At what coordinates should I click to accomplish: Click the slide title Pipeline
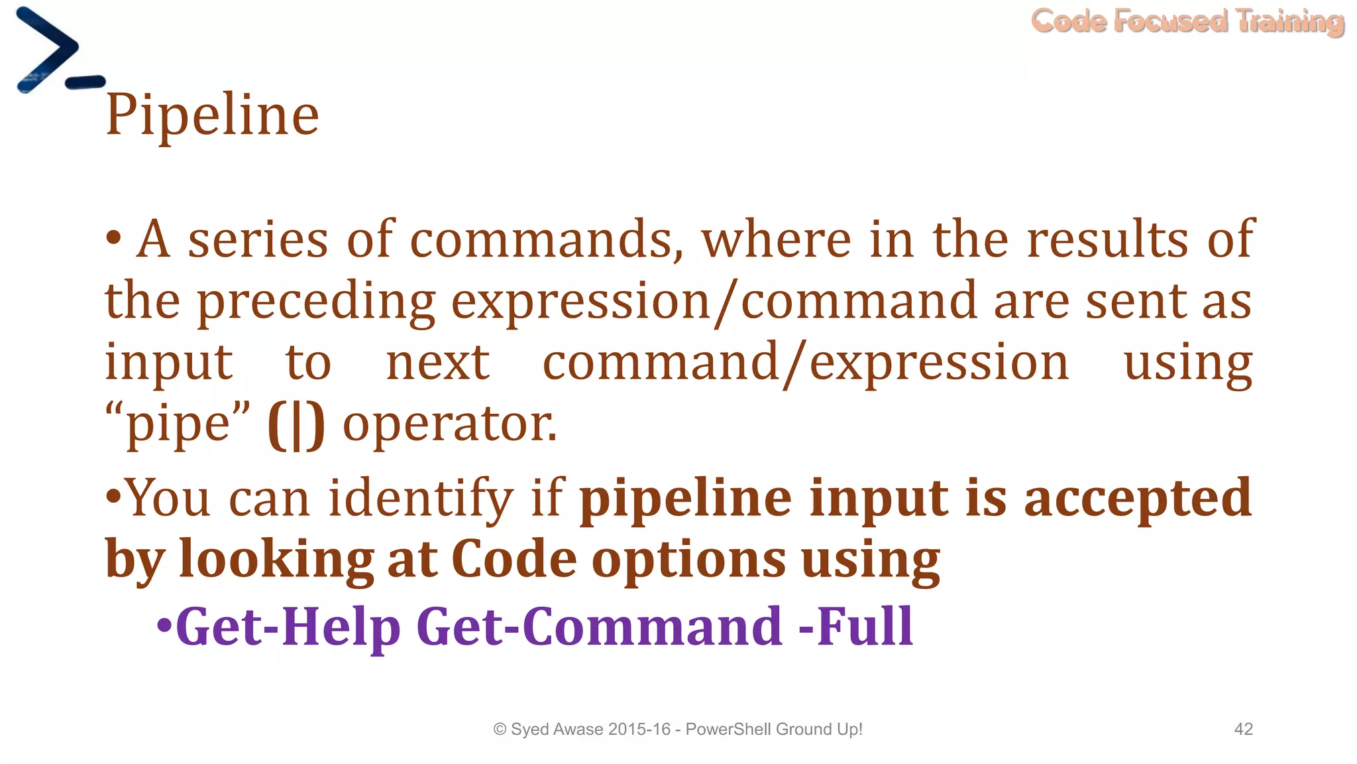(x=212, y=115)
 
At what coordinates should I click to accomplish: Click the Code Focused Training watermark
(x=1187, y=21)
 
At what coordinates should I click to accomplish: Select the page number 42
(x=1243, y=730)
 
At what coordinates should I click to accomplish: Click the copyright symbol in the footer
(x=500, y=730)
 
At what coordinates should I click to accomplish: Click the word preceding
(x=317, y=302)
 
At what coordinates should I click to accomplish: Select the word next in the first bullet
(x=438, y=363)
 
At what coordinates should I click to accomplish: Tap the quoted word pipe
(x=178, y=424)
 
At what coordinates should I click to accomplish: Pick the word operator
(x=450, y=424)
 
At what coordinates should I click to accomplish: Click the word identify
(x=421, y=497)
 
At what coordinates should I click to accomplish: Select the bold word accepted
(x=1138, y=497)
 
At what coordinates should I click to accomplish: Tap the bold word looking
(x=277, y=559)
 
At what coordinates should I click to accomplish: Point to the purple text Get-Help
(x=288, y=626)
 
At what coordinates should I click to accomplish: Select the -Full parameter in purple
(x=856, y=626)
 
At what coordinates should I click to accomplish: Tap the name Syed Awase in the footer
(x=557, y=730)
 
